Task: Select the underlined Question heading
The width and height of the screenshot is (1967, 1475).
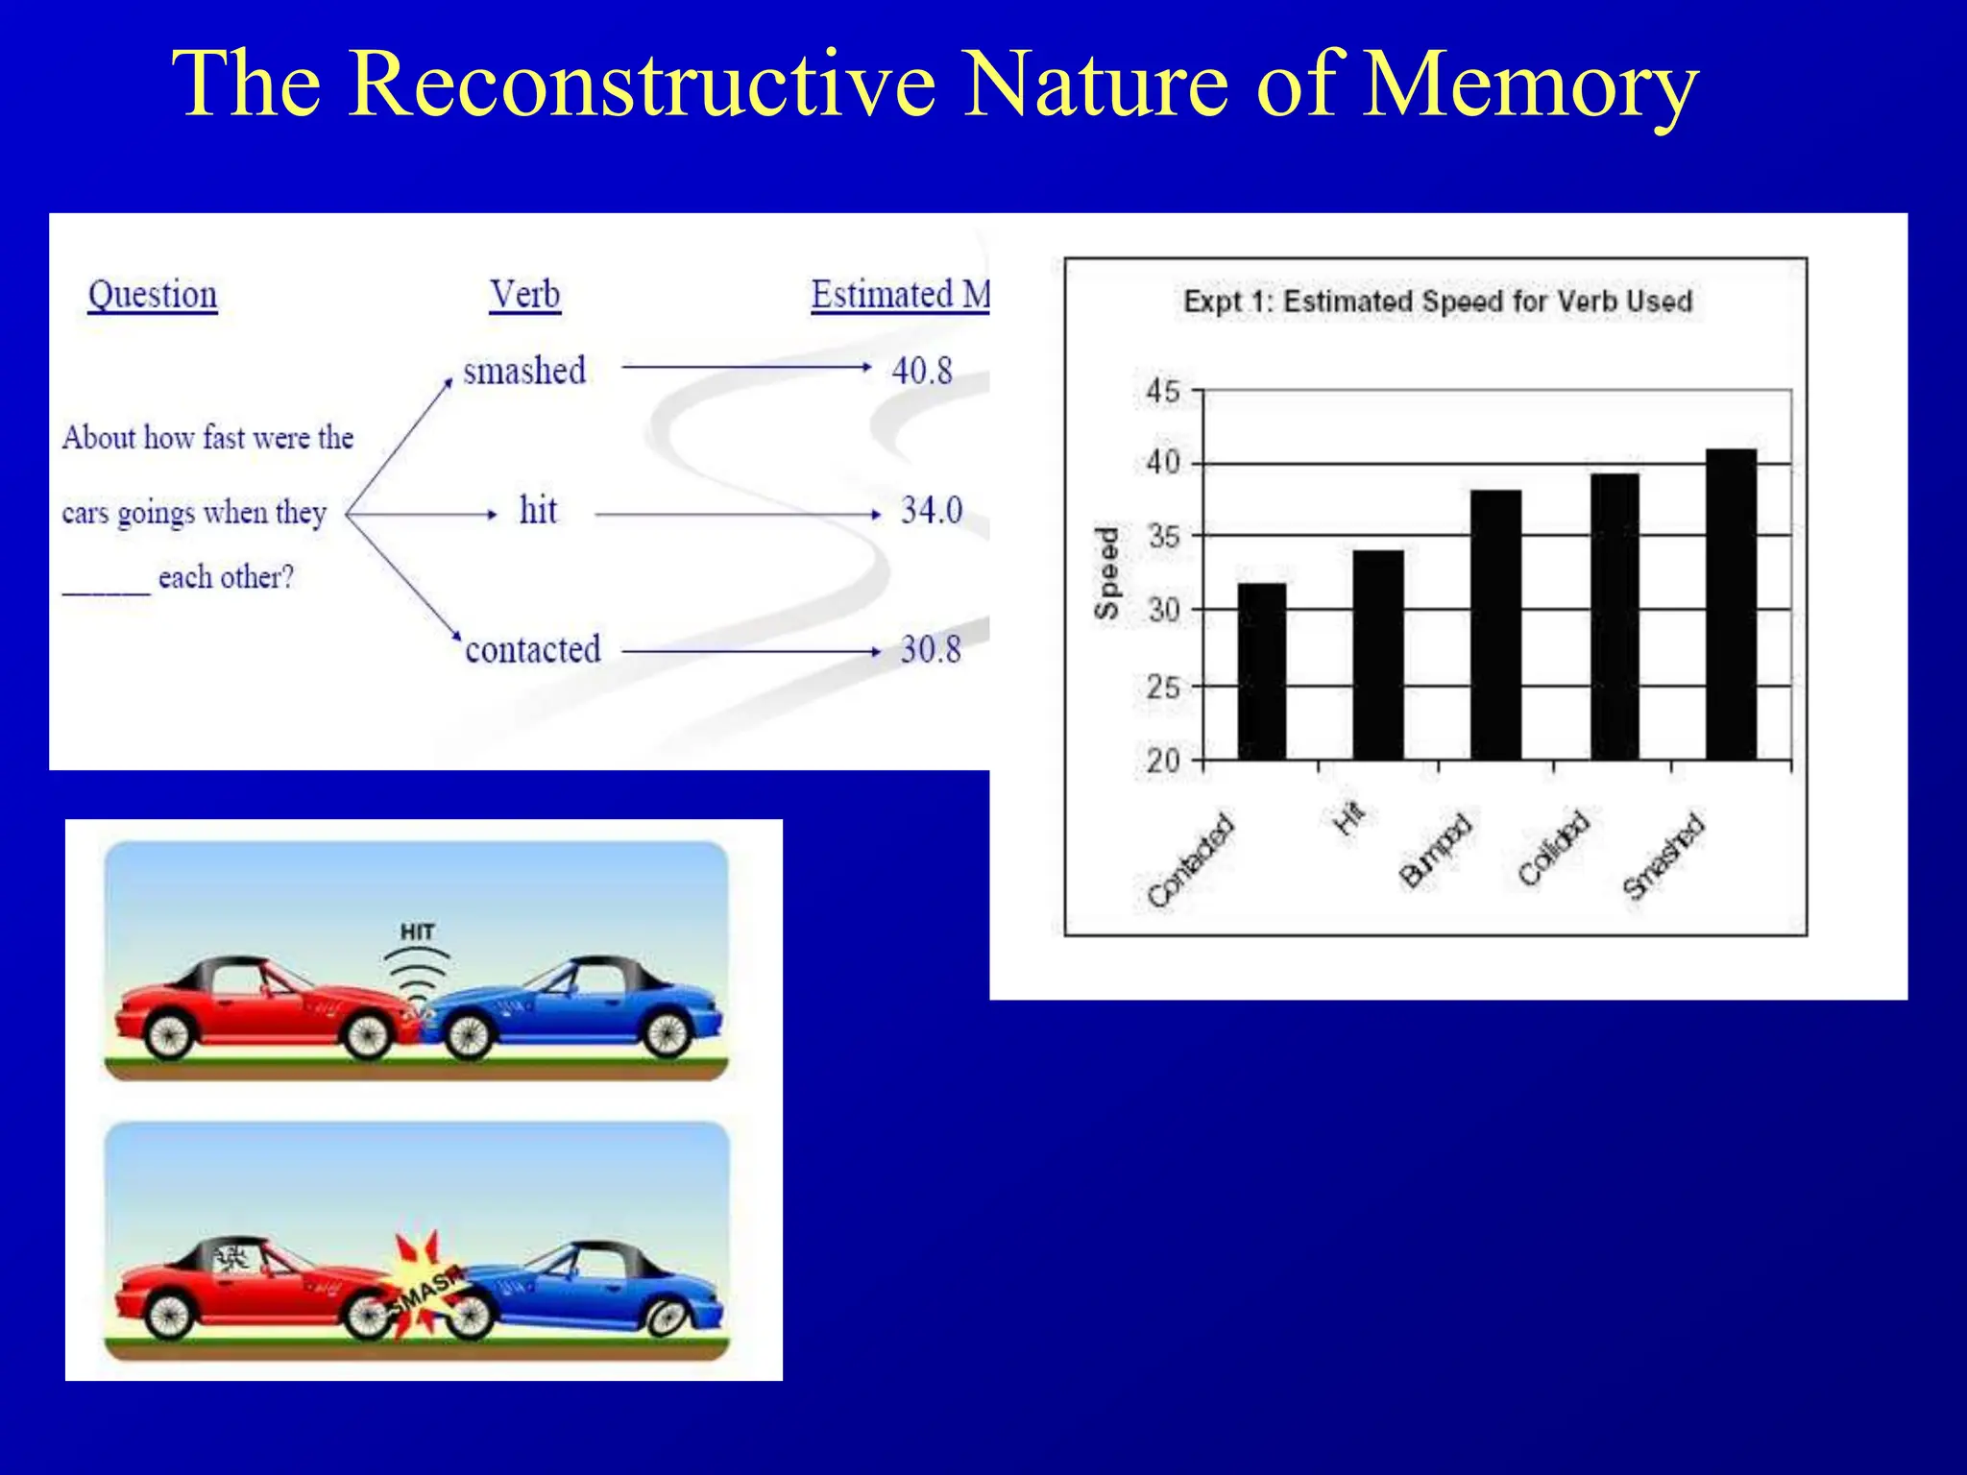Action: (x=153, y=295)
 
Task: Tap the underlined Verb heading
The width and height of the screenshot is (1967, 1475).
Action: (x=524, y=295)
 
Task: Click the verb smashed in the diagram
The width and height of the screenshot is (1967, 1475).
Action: (x=524, y=371)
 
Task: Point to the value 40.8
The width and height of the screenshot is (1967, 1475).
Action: (x=922, y=371)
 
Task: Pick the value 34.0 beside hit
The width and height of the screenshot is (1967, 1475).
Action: (x=931, y=510)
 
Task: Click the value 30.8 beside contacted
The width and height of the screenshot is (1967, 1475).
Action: (x=930, y=650)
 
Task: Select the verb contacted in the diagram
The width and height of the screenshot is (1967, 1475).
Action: (x=533, y=650)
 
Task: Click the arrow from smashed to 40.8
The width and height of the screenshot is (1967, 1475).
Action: (x=745, y=367)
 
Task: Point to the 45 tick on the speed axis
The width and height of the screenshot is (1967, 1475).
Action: (x=1163, y=391)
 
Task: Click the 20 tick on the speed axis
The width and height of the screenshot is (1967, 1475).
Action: (x=1163, y=761)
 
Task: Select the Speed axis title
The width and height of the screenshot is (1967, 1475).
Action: (x=1107, y=573)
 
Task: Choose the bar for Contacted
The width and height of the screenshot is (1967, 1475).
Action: (x=1261, y=671)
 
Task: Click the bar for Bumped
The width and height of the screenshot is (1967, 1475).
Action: (x=1495, y=625)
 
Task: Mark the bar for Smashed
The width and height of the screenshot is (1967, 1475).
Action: (x=1731, y=604)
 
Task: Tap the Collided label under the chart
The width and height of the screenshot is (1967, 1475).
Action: (x=1553, y=848)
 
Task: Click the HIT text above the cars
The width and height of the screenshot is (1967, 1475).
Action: (x=418, y=931)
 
